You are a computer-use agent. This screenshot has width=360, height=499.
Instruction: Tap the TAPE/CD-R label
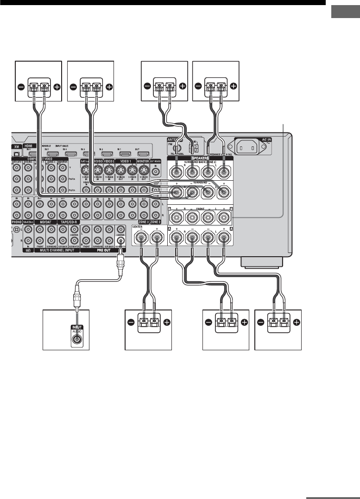pos(68,222)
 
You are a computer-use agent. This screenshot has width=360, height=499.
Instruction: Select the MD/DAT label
pos(45,222)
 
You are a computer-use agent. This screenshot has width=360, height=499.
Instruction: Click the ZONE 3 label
pos(145,222)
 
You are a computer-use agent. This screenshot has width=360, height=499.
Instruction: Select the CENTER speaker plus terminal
pos(158,238)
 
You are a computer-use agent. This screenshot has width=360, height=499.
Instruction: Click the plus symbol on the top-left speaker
pos(57,86)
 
